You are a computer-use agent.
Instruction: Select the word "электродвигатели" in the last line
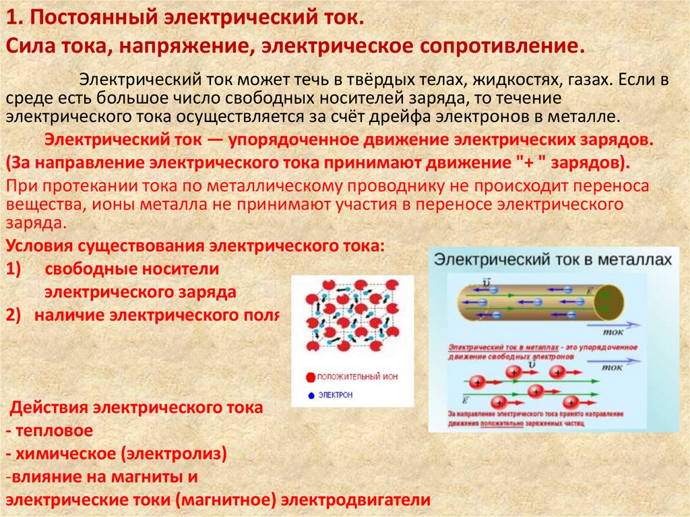pos(356,501)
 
